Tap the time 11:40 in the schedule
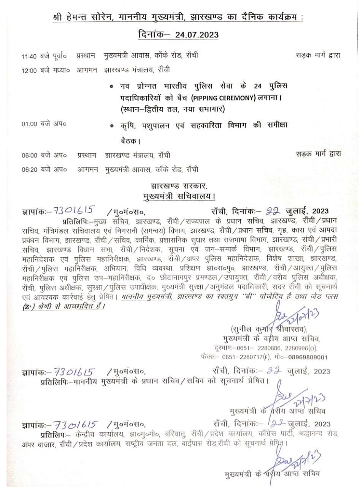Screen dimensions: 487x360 tap(29, 56)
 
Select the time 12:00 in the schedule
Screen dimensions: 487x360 tap(29, 70)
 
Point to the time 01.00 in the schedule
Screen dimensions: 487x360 tap(29, 124)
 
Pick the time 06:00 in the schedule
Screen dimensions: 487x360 tap(29, 155)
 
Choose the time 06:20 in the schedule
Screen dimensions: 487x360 tap(29, 169)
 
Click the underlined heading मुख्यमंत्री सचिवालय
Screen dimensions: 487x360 tap(179, 197)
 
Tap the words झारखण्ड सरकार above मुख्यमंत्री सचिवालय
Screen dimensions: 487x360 tap(179, 187)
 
